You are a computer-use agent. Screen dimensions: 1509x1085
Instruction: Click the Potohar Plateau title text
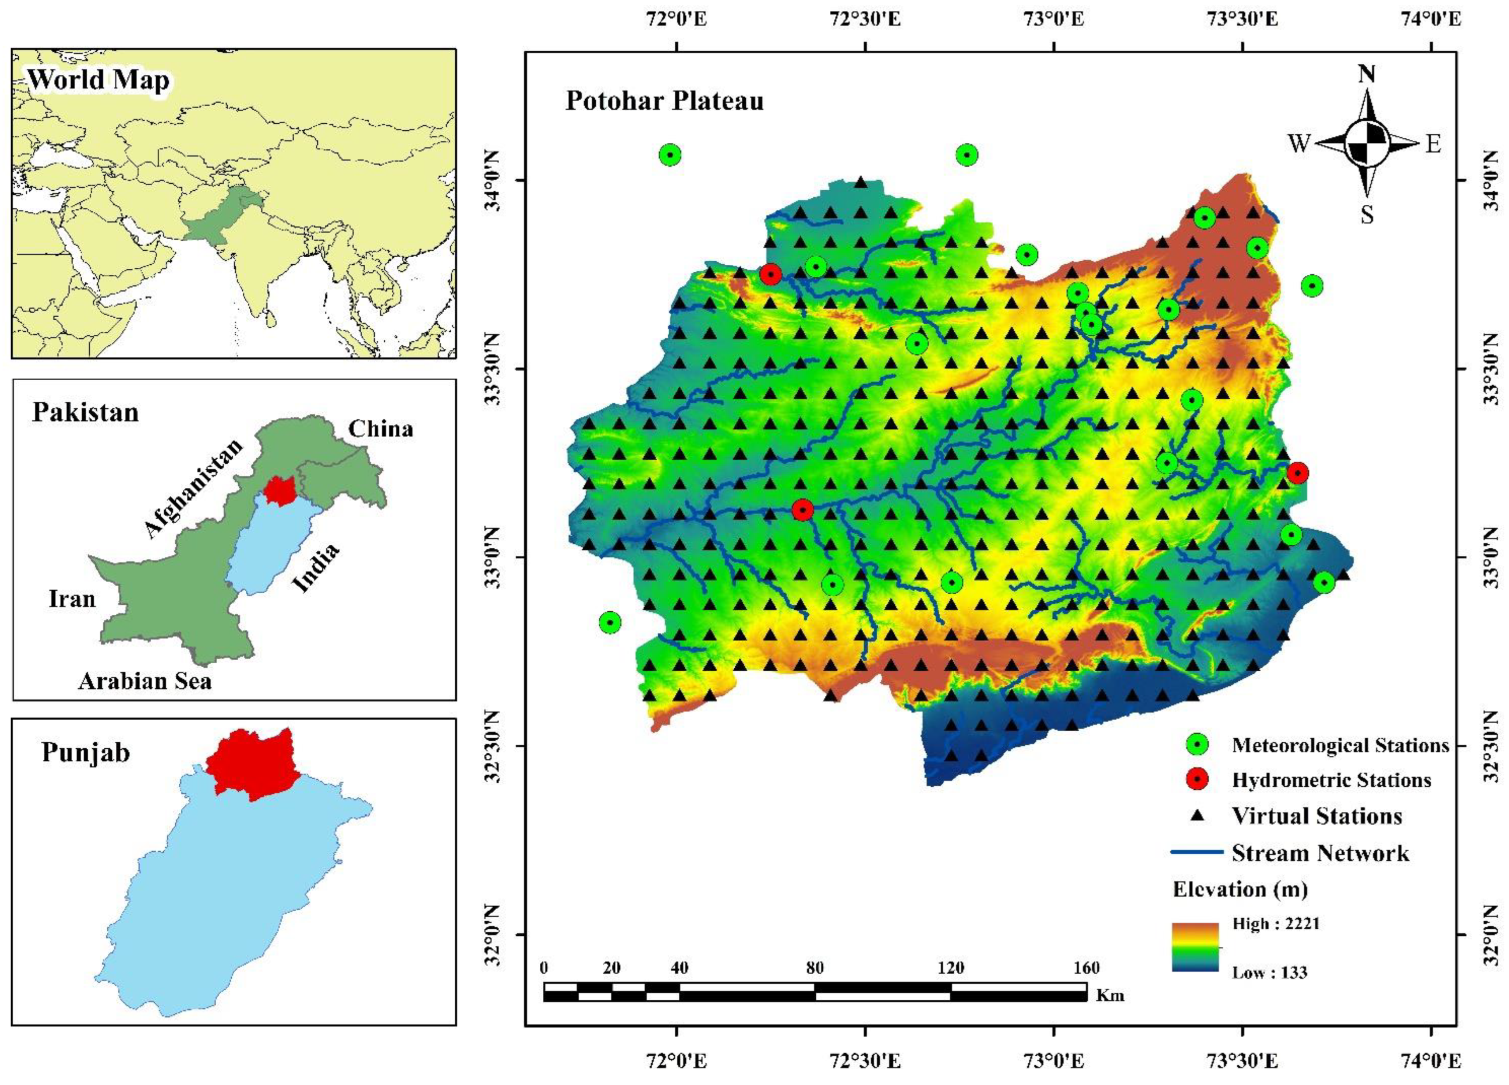pyautogui.click(x=664, y=101)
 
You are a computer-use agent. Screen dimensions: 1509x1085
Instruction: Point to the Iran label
pyautogui.click(x=72, y=599)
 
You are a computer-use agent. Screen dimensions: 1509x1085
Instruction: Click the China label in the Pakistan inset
pyautogui.click(x=381, y=429)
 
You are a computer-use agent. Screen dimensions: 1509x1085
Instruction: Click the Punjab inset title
pyautogui.click(x=85, y=752)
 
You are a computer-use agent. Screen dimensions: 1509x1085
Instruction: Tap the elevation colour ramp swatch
pyautogui.click(x=1195, y=946)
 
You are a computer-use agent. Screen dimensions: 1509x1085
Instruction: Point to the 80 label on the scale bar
pyautogui.click(x=814, y=968)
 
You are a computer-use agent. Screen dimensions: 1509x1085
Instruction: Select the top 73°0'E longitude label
pyautogui.click(x=1054, y=19)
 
